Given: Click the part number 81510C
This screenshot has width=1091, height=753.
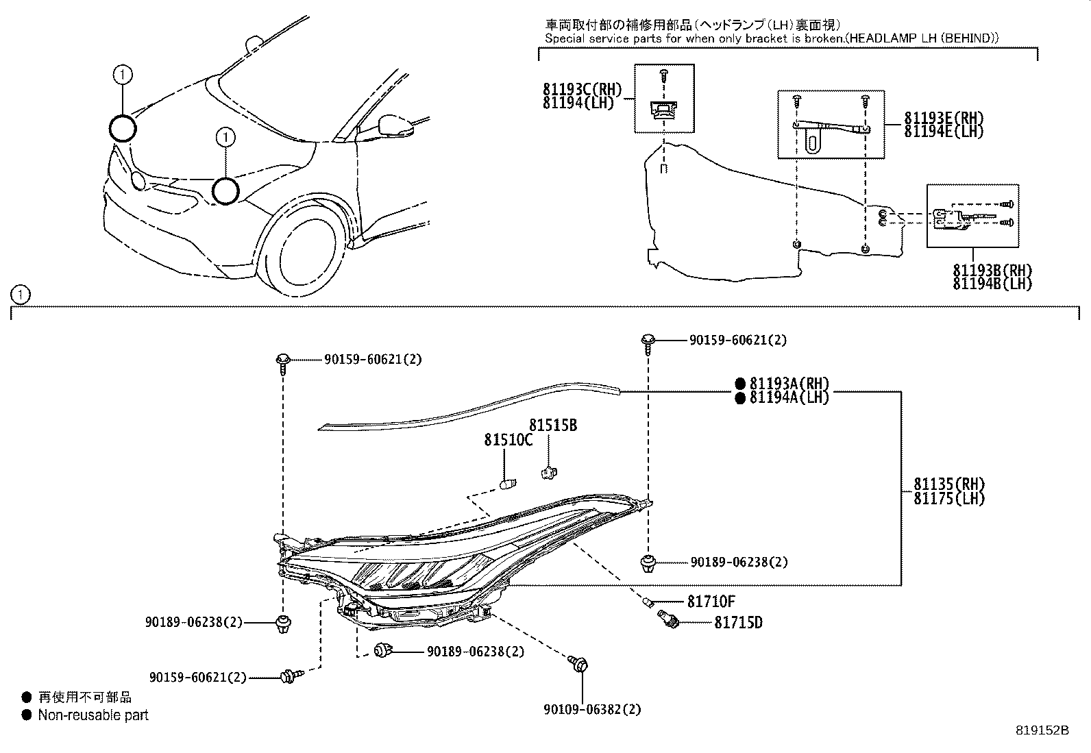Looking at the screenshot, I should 508,440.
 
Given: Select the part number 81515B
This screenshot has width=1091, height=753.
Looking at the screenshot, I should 552,425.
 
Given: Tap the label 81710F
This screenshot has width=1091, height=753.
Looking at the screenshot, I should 711,602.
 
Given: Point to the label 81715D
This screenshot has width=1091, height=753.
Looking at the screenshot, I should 738,623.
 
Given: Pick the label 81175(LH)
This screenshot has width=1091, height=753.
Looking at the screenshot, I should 948,499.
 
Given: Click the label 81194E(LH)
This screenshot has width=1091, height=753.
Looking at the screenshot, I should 944,132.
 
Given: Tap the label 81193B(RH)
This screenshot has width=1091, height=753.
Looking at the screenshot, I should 992,271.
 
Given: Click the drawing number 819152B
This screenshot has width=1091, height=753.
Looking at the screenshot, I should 1042,731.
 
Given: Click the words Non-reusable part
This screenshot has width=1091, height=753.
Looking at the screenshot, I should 93,715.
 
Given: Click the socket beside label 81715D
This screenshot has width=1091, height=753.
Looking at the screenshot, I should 668,619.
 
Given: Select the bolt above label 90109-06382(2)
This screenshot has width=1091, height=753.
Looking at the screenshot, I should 580,664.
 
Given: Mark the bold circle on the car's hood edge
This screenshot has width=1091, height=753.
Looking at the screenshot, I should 123,128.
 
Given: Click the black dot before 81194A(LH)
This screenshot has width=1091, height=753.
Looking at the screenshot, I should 739,398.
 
